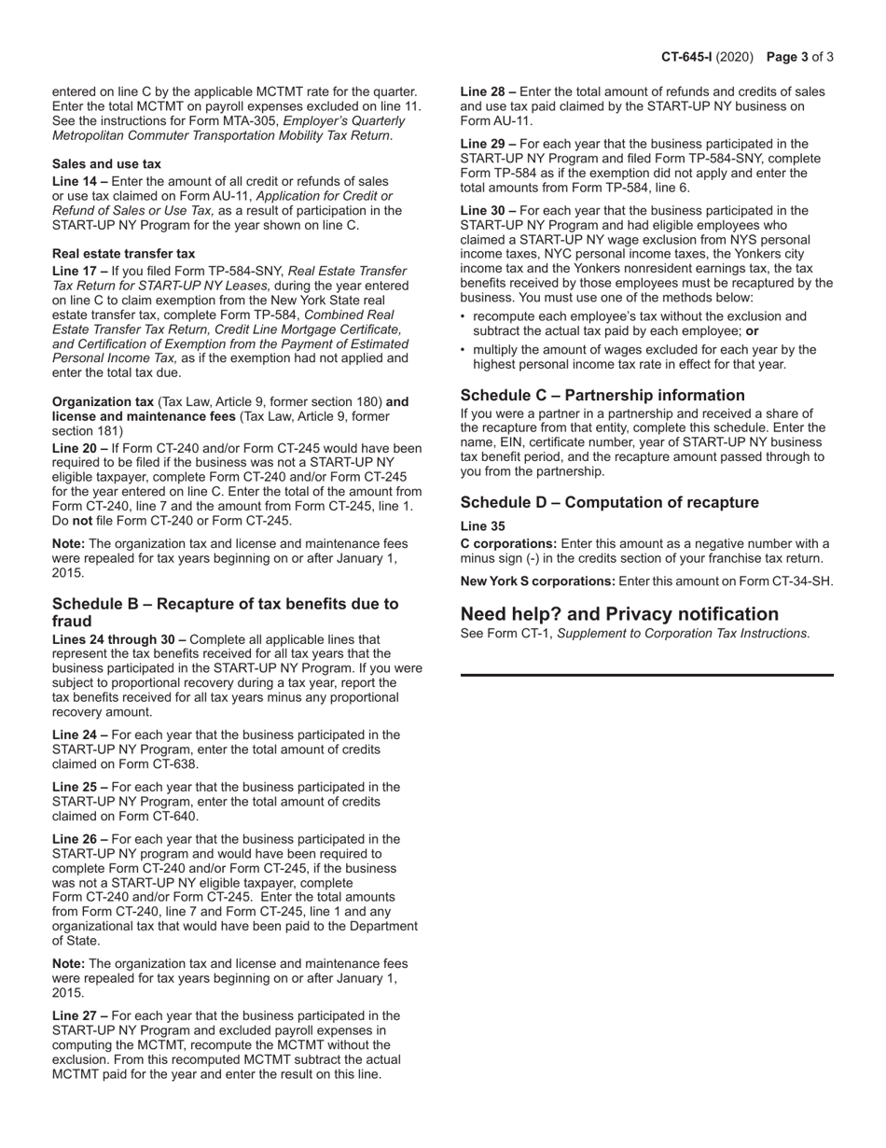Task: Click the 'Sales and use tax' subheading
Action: pos(106,163)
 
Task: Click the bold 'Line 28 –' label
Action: pos(488,91)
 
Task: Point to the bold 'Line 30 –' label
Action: pos(488,211)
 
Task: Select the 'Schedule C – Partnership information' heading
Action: pos(602,395)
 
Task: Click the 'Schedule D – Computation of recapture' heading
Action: pos(609,502)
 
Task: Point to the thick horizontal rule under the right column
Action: pos(646,674)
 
